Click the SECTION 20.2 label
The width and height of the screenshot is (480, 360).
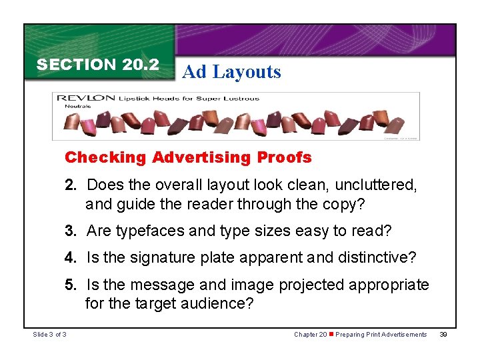coord(97,65)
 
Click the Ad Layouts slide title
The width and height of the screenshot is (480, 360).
coord(231,72)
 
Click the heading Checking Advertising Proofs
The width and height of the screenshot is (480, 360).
coord(188,157)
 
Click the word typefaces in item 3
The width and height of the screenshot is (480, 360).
coord(149,231)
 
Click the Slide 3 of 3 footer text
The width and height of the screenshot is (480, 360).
coord(49,334)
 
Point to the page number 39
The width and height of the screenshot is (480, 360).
coord(443,334)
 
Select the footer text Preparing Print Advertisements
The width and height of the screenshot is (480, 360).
coord(381,334)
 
